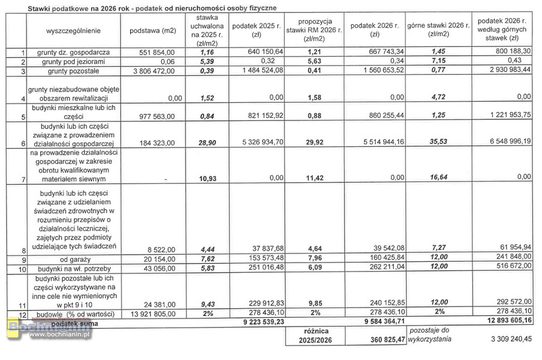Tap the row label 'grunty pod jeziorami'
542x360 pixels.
[x=66, y=61]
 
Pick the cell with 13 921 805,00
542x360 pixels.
[x=152, y=313]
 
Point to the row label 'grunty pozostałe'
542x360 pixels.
[x=72, y=71]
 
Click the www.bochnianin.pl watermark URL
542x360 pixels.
[x=59, y=335]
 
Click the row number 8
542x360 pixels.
[x=23, y=250]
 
